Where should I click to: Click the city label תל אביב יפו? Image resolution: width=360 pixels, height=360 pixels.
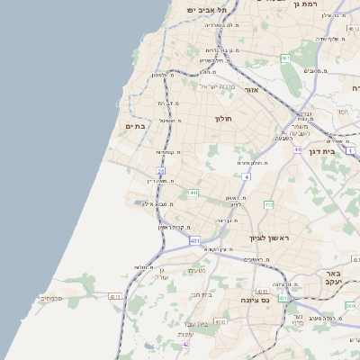(203, 9)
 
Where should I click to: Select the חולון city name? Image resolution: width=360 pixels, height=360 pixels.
(224, 119)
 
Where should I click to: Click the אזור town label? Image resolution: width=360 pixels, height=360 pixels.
(251, 90)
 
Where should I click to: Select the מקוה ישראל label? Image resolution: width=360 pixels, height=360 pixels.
(214, 85)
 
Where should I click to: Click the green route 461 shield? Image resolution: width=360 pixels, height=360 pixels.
(285, 58)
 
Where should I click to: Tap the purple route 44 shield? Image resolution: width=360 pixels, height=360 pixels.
(296, 150)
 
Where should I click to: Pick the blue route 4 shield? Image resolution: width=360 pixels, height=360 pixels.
(246, 177)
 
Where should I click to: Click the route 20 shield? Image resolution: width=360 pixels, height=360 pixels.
(161, 170)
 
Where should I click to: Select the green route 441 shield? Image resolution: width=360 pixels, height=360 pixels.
(193, 193)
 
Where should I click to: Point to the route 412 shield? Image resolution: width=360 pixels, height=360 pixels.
(268, 205)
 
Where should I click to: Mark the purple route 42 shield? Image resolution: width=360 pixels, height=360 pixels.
(186, 344)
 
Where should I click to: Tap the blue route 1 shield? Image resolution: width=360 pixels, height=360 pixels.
(350, 150)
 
